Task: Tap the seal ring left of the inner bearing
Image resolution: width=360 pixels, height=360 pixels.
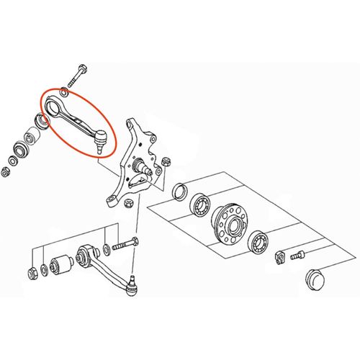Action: (x=181, y=193)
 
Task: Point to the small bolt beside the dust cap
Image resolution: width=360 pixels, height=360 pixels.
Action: (x=297, y=253)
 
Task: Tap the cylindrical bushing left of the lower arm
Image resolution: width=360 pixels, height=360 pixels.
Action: (x=60, y=263)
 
